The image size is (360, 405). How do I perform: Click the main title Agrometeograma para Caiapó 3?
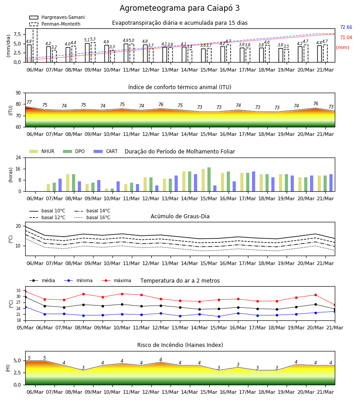[180, 8]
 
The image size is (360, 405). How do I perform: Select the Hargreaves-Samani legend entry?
[57, 17]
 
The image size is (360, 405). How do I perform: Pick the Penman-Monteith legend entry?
[55, 24]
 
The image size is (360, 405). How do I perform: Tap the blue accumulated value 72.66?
[346, 27]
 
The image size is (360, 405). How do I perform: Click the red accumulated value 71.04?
[346, 37]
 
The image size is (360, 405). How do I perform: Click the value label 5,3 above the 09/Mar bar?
[93, 39]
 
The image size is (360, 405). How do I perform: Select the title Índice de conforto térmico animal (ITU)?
[180, 87]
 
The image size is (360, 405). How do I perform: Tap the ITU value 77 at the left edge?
[29, 102]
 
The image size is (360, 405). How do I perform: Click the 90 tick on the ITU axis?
[18, 93]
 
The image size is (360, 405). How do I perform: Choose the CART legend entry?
[106, 151]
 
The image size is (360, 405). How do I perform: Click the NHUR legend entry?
[42, 151]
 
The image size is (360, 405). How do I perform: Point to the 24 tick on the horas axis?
[18, 157]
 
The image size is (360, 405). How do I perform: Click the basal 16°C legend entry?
[92, 217]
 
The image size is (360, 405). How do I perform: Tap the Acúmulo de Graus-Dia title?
[180, 216]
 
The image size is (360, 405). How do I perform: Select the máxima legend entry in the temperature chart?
[117, 280]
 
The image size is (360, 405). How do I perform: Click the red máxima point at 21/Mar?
[335, 305]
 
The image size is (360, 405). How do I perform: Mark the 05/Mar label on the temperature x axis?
[25, 328]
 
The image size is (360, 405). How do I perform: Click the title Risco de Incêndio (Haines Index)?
[180, 345]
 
